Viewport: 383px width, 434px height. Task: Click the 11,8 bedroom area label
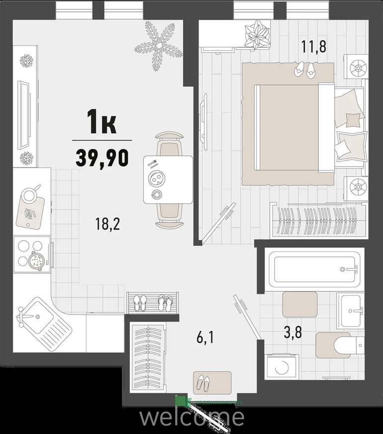point(314,47)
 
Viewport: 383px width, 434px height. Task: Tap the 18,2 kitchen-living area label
point(107,224)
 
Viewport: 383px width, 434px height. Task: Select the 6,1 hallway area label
point(205,338)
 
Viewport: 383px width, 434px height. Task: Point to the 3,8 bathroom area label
point(293,332)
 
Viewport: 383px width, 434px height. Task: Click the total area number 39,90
point(102,158)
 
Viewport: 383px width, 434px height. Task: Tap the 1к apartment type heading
point(101,122)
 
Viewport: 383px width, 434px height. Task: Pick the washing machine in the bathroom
point(282,367)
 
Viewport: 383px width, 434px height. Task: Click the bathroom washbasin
point(351,311)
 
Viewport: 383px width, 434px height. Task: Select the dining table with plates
point(168,179)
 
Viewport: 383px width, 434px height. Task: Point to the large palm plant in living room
point(159,46)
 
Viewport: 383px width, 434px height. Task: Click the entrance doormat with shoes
point(212,383)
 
